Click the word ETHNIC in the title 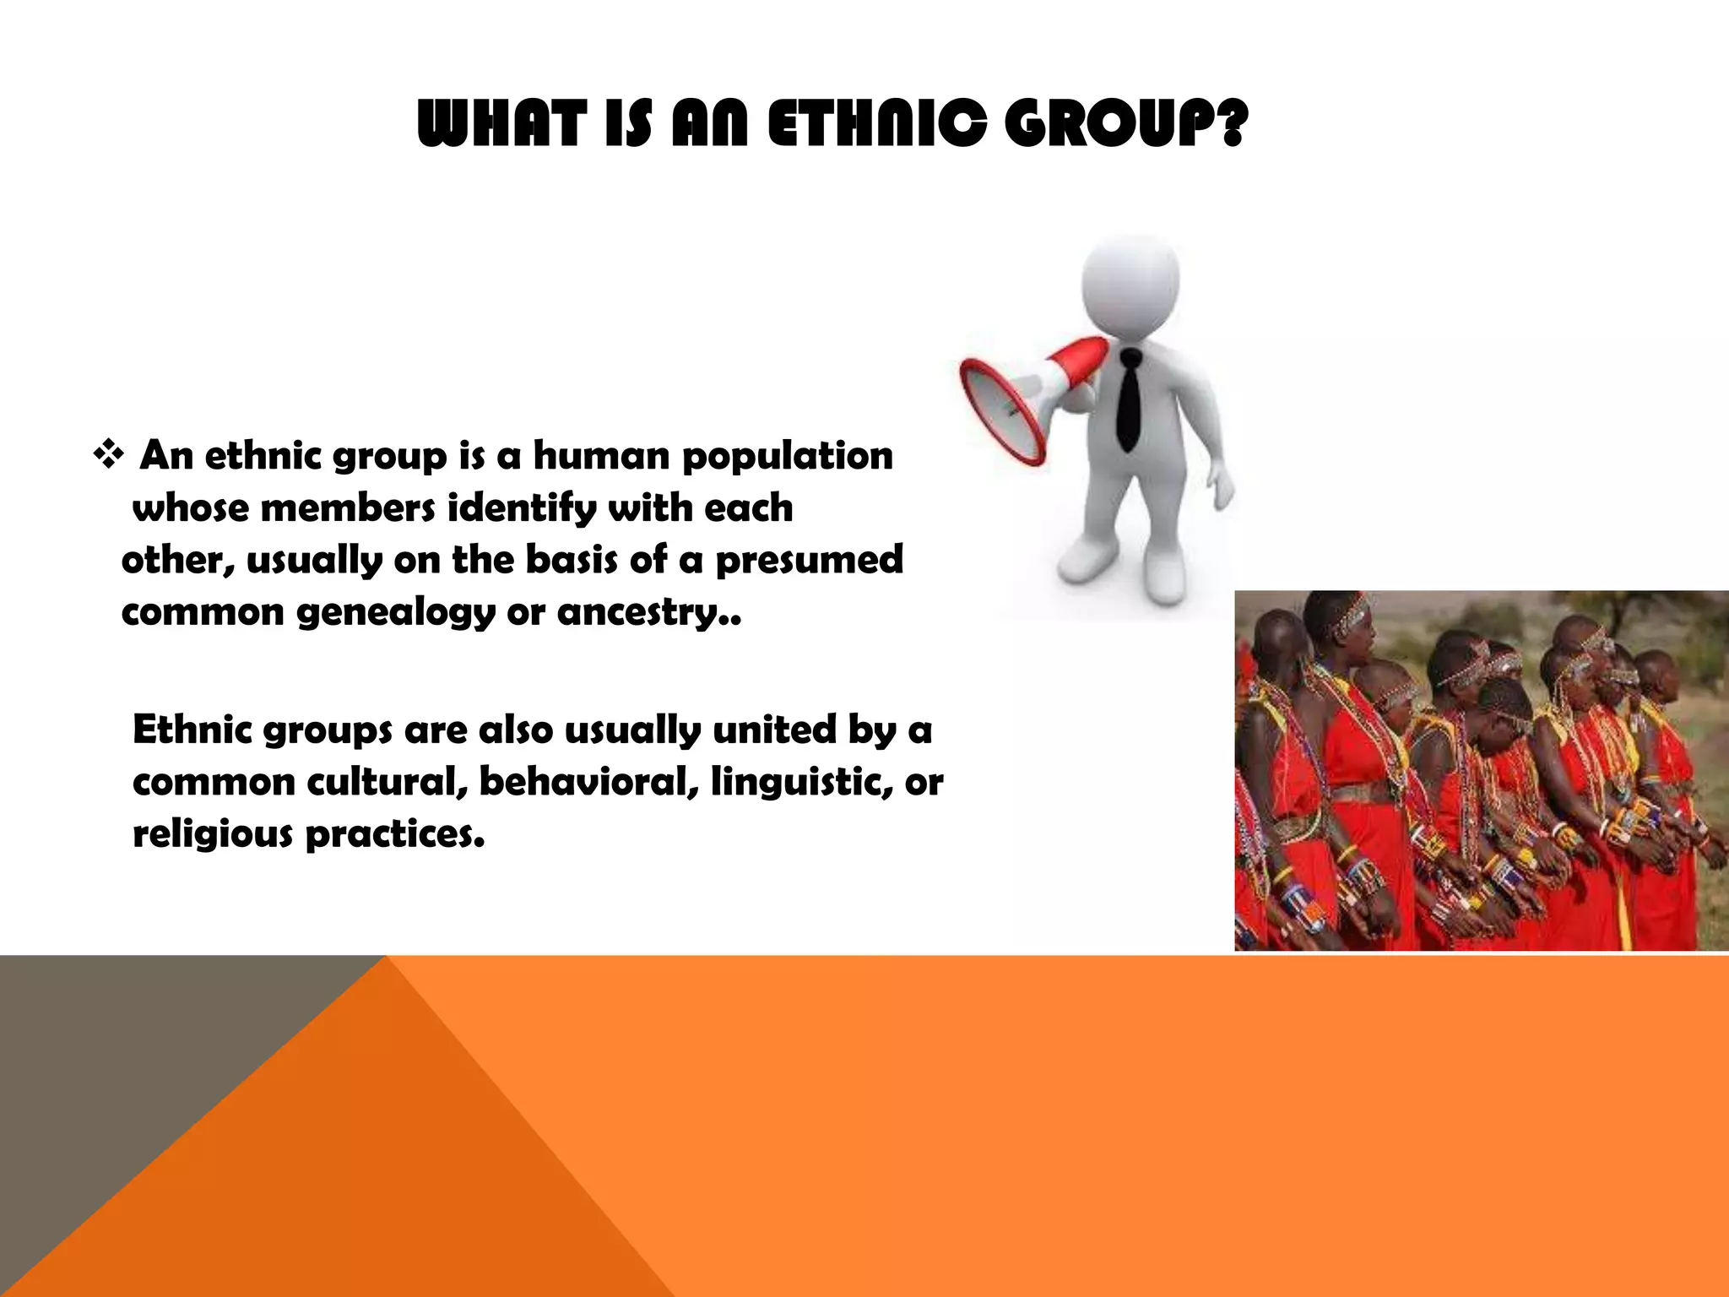[877, 124]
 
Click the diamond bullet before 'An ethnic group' [108, 457]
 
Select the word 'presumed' [809, 560]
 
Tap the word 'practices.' [394, 834]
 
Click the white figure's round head [1130, 283]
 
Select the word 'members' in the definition [348, 509]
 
